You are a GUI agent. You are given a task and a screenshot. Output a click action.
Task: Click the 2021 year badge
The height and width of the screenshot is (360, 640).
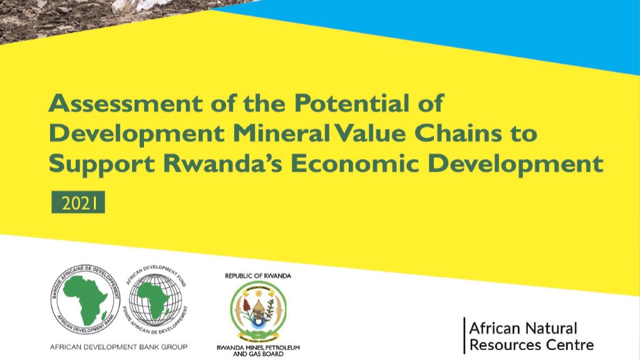pyautogui.click(x=78, y=203)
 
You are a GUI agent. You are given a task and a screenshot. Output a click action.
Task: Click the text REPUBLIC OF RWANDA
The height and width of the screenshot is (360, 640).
pyautogui.click(x=258, y=275)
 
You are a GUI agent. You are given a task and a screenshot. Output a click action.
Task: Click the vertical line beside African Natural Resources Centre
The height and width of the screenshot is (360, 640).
pyautogui.click(x=464, y=336)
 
